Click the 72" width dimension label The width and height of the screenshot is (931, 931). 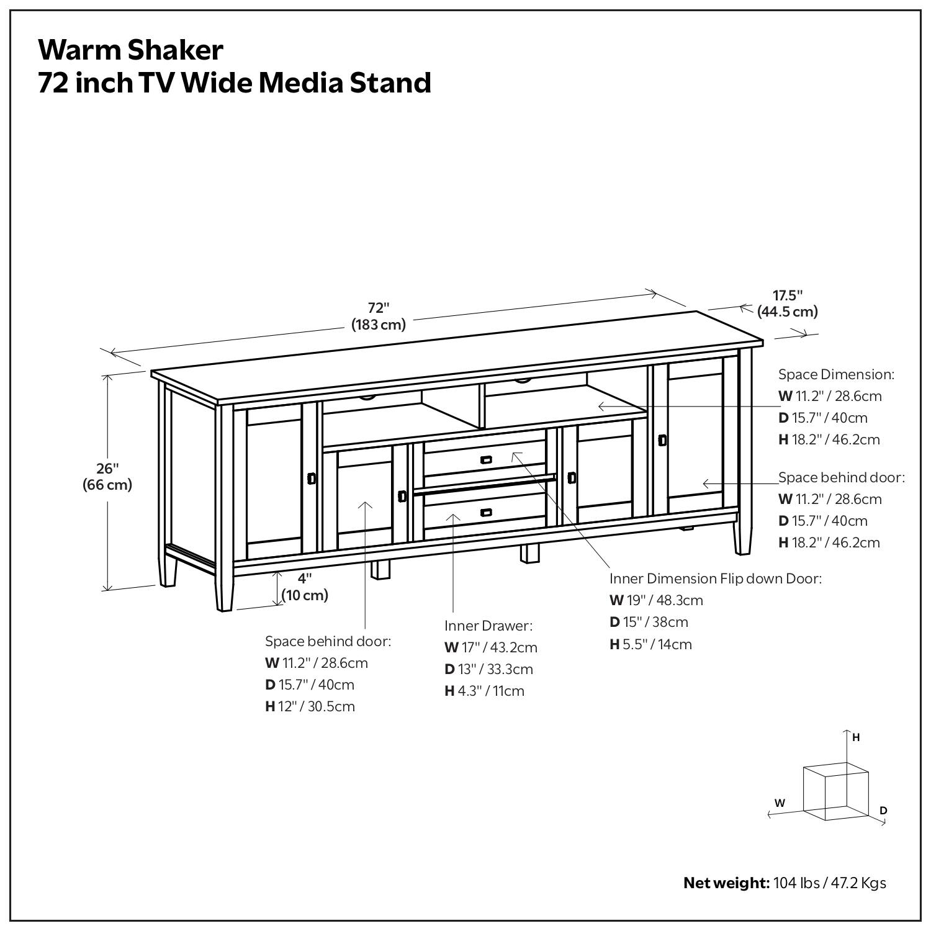point(379,316)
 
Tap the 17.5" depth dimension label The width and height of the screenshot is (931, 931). point(787,304)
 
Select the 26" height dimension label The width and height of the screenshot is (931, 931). point(107,477)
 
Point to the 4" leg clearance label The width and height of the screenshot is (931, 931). point(304,587)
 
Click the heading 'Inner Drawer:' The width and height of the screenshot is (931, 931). point(488,626)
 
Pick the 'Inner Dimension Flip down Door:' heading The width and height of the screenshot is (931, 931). point(715,578)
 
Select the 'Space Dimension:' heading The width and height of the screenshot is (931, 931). point(836,374)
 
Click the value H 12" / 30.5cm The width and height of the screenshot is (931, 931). point(310,706)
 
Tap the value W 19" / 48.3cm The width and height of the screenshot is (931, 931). point(656,600)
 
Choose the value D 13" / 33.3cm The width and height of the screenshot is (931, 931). point(488,669)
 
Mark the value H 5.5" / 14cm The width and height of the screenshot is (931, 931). point(650,644)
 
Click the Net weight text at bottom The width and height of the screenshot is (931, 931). point(785,883)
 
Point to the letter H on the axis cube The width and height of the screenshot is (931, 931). point(856,737)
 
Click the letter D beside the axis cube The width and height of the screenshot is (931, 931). point(883,810)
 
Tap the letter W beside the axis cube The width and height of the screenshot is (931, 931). point(780,803)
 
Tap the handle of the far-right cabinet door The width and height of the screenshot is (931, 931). point(662,440)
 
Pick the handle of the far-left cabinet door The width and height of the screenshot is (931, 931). point(312,479)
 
